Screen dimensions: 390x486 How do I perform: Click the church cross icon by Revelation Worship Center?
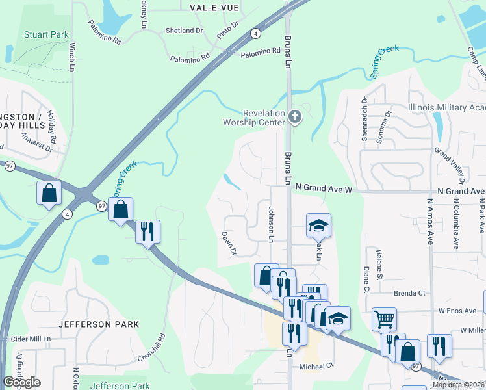click(x=295, y=118)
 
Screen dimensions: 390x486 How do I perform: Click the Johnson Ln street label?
click(x=271, y=224)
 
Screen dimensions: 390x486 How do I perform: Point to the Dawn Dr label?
click(x=228, y=243)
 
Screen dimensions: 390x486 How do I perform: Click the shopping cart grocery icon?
click(x=384, y=319)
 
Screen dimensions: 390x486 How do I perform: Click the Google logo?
click(x=21, y=382)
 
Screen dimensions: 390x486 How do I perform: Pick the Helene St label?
click(x=379, y=261)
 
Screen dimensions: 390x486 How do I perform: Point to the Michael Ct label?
click(x=316, y=365)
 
